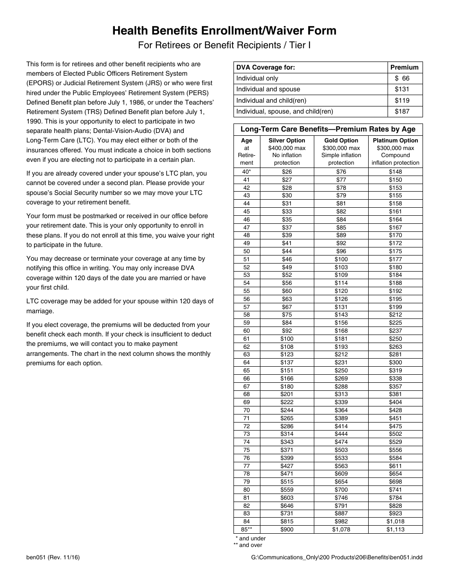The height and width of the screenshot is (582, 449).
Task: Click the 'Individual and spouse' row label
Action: [x=268, y=89]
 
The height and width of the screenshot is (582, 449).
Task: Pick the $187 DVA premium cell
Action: [x=405, y=112]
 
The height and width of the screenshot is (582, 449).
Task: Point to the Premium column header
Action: [x=405, y=67]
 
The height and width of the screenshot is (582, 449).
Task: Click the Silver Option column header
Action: [x=287, y=141]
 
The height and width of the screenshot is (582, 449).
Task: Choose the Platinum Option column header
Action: [x=395, y=141]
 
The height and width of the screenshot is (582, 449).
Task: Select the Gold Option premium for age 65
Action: [x=341, y=370]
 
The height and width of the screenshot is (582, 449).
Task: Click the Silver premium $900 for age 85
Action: [x=287, y=529]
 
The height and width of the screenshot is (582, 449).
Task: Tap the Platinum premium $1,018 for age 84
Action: [x=395, y=521]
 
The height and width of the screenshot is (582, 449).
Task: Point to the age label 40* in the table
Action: [x=246, y=172]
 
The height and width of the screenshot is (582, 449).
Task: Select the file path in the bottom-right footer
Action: [x=337, y=557]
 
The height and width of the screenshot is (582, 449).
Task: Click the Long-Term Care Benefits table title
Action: [x=328, y=129]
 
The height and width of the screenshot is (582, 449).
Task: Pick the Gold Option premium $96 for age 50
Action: [x=341, y=251]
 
